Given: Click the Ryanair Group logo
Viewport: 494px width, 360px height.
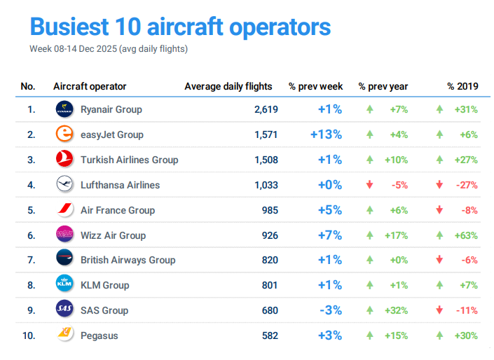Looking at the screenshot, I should (x=64, y=109).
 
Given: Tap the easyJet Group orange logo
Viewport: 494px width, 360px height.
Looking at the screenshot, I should (x=64, y=134).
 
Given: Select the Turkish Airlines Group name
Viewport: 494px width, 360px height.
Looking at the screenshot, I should (x=129, y=160).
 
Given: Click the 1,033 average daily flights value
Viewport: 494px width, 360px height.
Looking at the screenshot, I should (x=266, y=185).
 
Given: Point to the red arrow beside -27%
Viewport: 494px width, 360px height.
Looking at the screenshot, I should (x=439, y=185).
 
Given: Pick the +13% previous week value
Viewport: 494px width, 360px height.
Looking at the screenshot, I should (x=326, y=134).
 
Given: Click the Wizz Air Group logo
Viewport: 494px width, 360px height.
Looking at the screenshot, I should (x=64, y=235).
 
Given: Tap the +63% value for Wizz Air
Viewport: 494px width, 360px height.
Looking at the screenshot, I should (x=466, y=235).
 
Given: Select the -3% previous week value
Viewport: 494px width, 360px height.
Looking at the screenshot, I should (x=330, y=310).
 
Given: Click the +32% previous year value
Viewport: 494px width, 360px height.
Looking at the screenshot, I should (x=396, y=310).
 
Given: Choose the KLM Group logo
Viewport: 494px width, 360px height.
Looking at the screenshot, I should (x=64, y=285).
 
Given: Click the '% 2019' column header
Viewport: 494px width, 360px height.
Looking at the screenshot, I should (x=462, y=86).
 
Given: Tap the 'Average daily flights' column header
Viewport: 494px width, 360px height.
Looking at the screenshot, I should (x=228, y=86).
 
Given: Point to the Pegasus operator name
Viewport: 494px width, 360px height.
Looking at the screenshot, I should (x=99, y=335).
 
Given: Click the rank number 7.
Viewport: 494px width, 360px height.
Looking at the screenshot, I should (x=30, y=260).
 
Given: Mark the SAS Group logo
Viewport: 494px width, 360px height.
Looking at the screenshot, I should (x=64, y=310).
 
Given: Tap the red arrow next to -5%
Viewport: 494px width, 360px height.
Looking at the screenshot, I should (x=369, y=185).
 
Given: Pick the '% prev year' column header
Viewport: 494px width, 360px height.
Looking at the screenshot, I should (x=383, y=86).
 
